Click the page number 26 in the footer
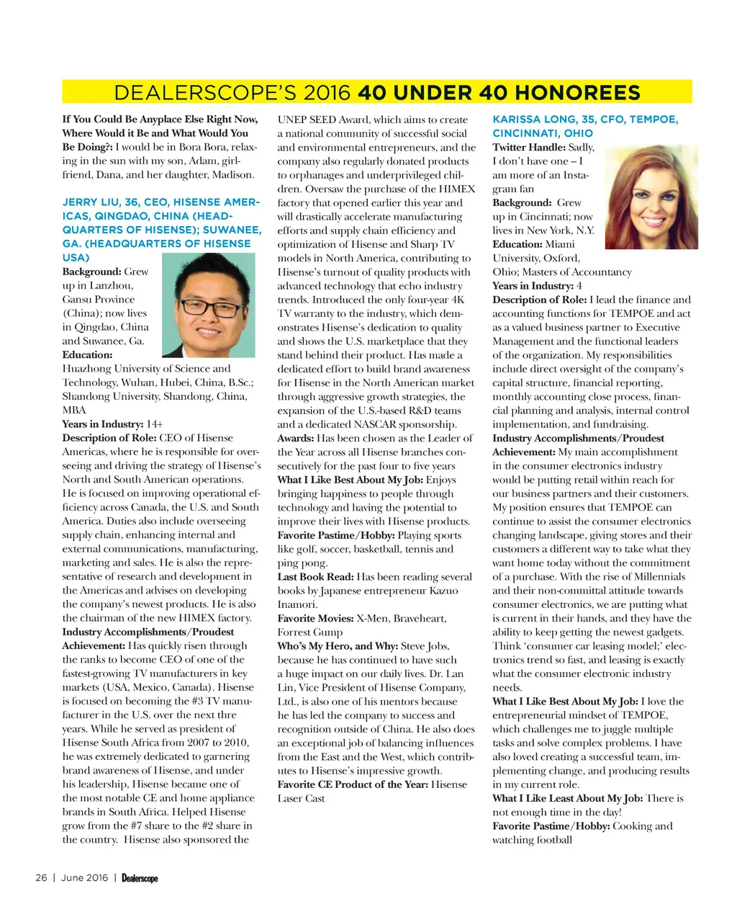[41, 877]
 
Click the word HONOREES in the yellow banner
[577, 93]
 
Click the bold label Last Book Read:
[315, 576]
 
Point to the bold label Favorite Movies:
[315, 618]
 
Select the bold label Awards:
[295, 438]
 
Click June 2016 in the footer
[84, 877]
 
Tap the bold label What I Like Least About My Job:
[568, 798]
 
